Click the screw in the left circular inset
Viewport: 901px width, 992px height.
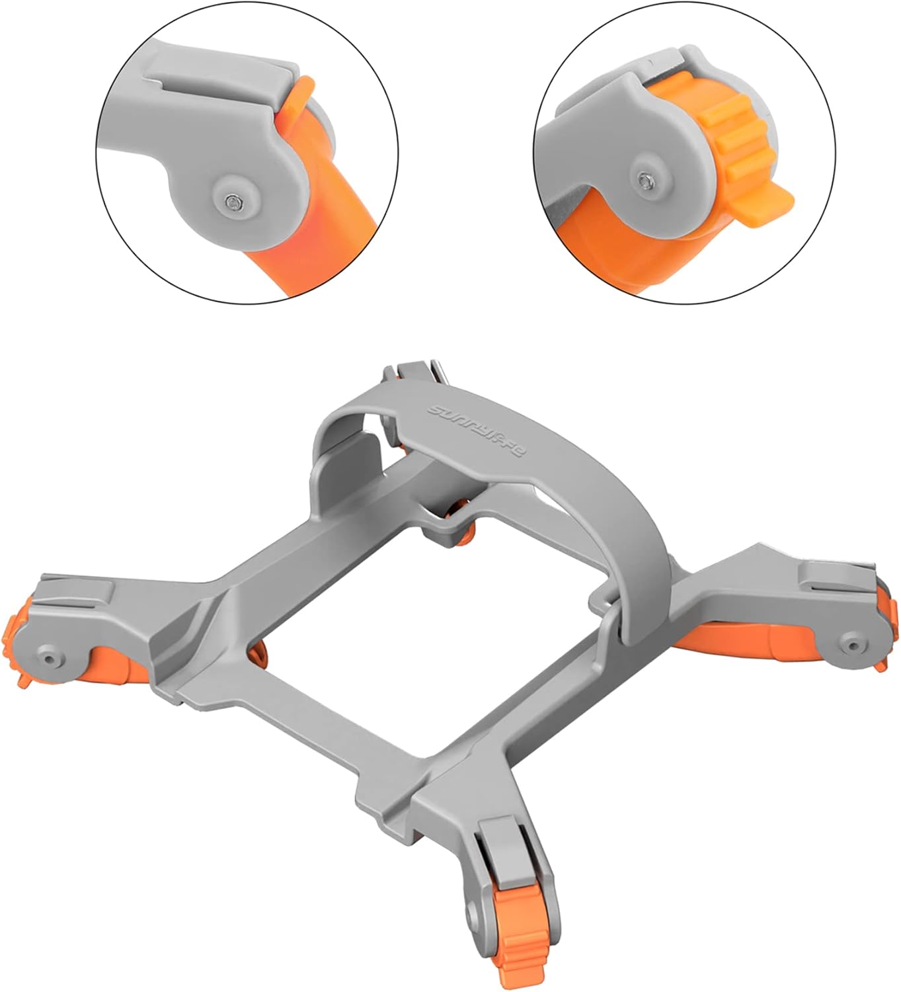[x=232, y=201]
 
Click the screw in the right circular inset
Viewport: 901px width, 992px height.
[x=644, y=181]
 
